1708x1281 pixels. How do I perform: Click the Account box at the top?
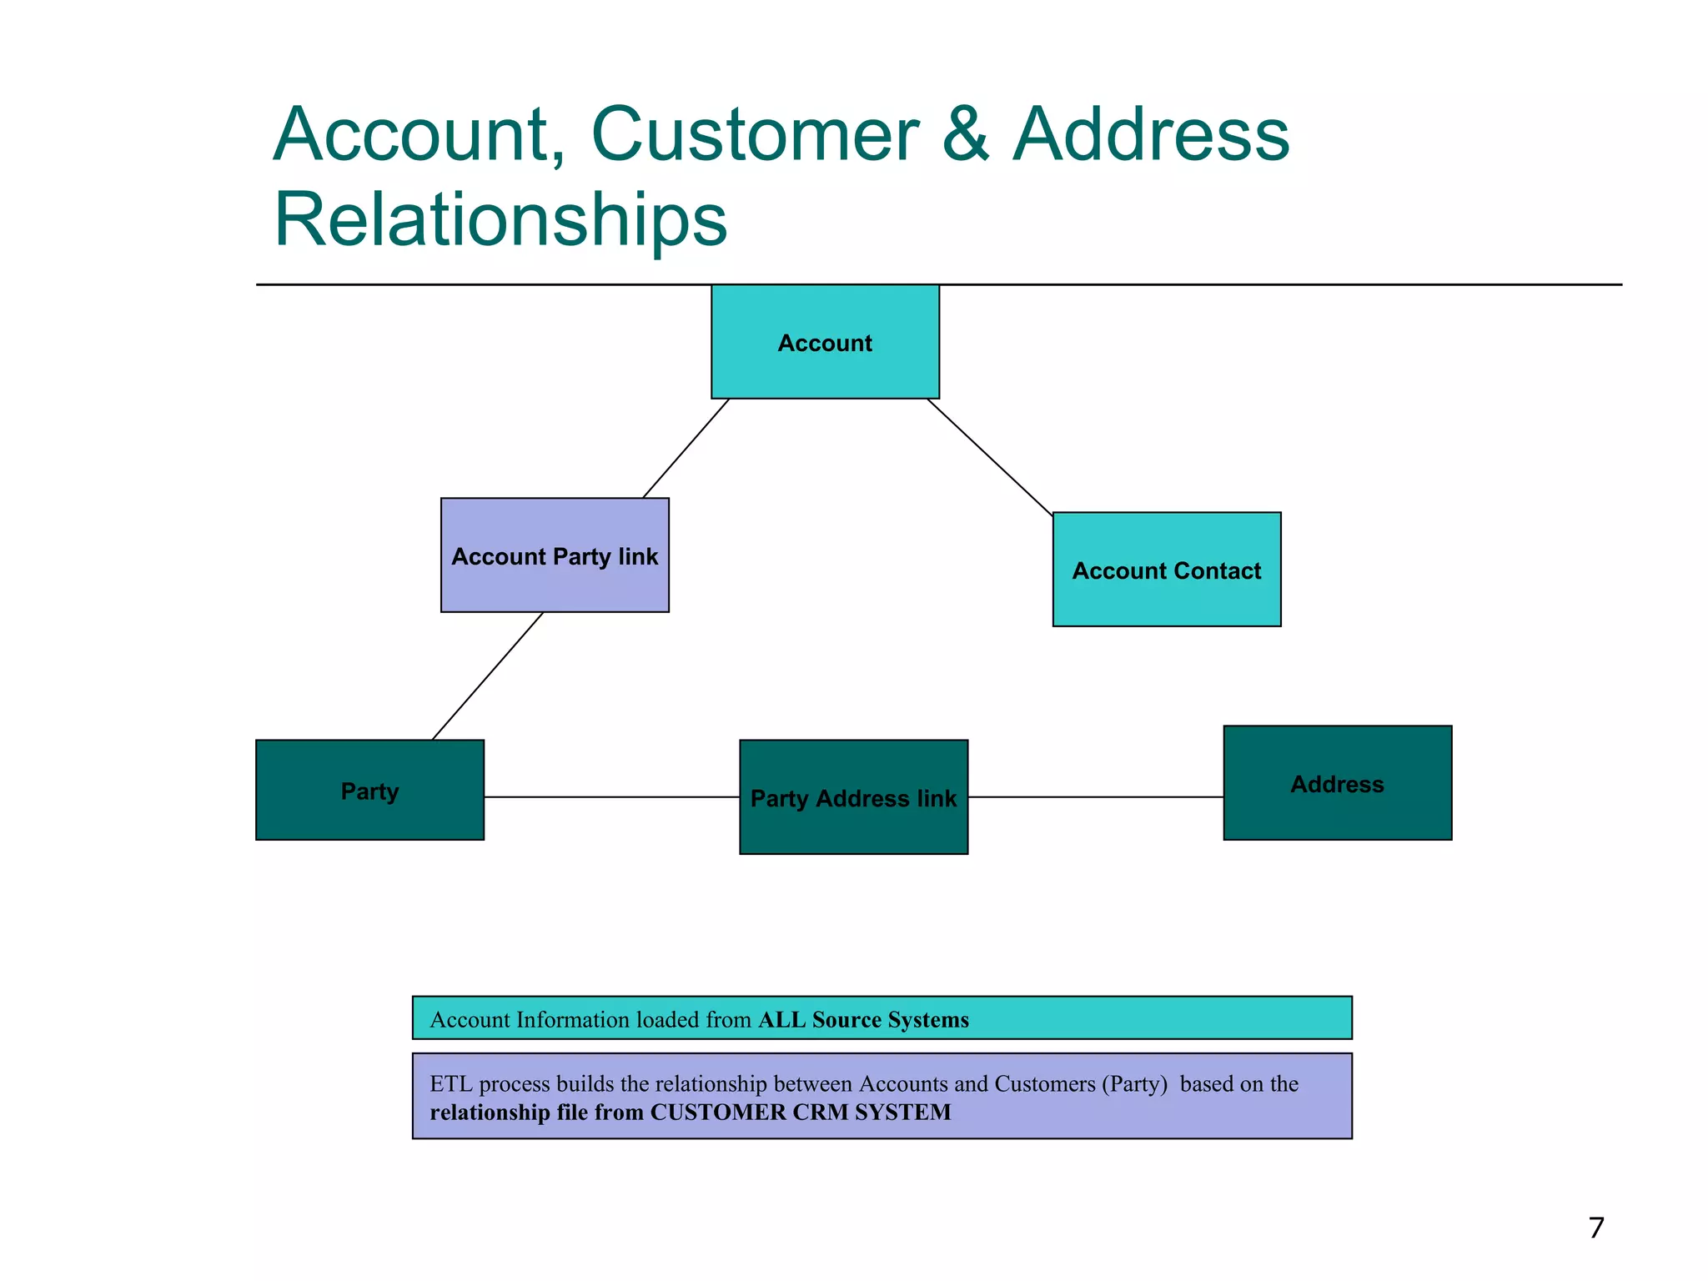pos(825,342)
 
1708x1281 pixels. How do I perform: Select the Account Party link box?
pos(555,555)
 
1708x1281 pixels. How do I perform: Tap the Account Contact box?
pos(1167,570)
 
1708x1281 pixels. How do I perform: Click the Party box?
pos(369,790)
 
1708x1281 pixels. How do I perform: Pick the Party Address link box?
pos(853,797)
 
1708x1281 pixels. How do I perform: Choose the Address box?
pos(1337,783)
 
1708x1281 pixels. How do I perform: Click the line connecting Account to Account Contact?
pos(990,456)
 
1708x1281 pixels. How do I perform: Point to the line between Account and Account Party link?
pos(686,449)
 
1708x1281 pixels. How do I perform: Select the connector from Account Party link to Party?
pos(487,676)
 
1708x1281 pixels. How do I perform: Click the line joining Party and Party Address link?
pos(611,797)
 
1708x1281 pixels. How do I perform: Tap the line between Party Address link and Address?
pos(1095,797)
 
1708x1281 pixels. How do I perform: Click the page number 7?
pos(1595,1228)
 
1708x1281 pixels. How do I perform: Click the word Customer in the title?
pos(755,135)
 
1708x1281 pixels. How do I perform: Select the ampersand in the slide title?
pos(966,135)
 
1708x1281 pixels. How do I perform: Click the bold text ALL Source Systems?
pos(863,1019)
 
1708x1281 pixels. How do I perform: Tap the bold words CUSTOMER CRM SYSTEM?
pos(801,1113)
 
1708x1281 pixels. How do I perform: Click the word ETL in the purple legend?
pos(450,1084)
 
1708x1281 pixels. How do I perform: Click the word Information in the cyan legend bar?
pos(573,1019)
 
